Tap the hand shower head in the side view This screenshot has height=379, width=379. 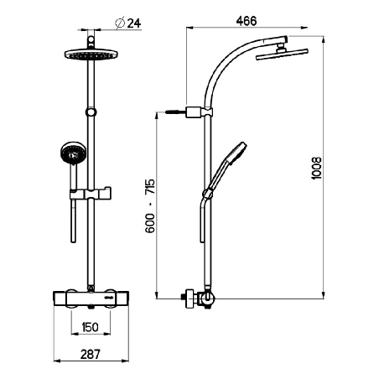pos(236,152)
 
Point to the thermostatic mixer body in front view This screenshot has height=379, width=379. pos(89,297)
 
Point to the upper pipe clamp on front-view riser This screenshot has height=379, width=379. pos(90,112)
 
